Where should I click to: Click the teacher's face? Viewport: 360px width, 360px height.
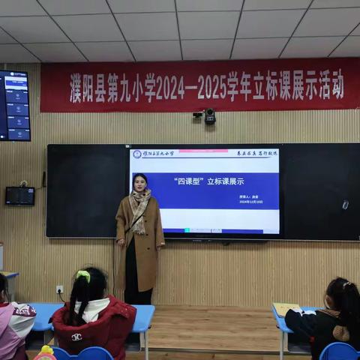[139, 183]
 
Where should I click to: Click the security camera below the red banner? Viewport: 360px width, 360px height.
[208, 116]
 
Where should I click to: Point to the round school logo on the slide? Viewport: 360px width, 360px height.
[137, 154]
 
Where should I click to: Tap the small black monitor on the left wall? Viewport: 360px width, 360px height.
[19, 196]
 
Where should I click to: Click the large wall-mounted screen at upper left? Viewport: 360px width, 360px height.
[15, 106]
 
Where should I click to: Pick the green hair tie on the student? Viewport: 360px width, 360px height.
[82, 276]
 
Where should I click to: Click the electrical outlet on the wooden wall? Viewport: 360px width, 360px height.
[59, 289]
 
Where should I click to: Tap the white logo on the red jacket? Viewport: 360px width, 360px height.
[76, 337]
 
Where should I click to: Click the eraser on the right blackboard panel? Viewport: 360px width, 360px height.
[345, 204]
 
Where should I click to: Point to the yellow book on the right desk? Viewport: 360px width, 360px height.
[286, 308]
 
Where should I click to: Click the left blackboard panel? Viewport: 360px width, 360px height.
[82, 190]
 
